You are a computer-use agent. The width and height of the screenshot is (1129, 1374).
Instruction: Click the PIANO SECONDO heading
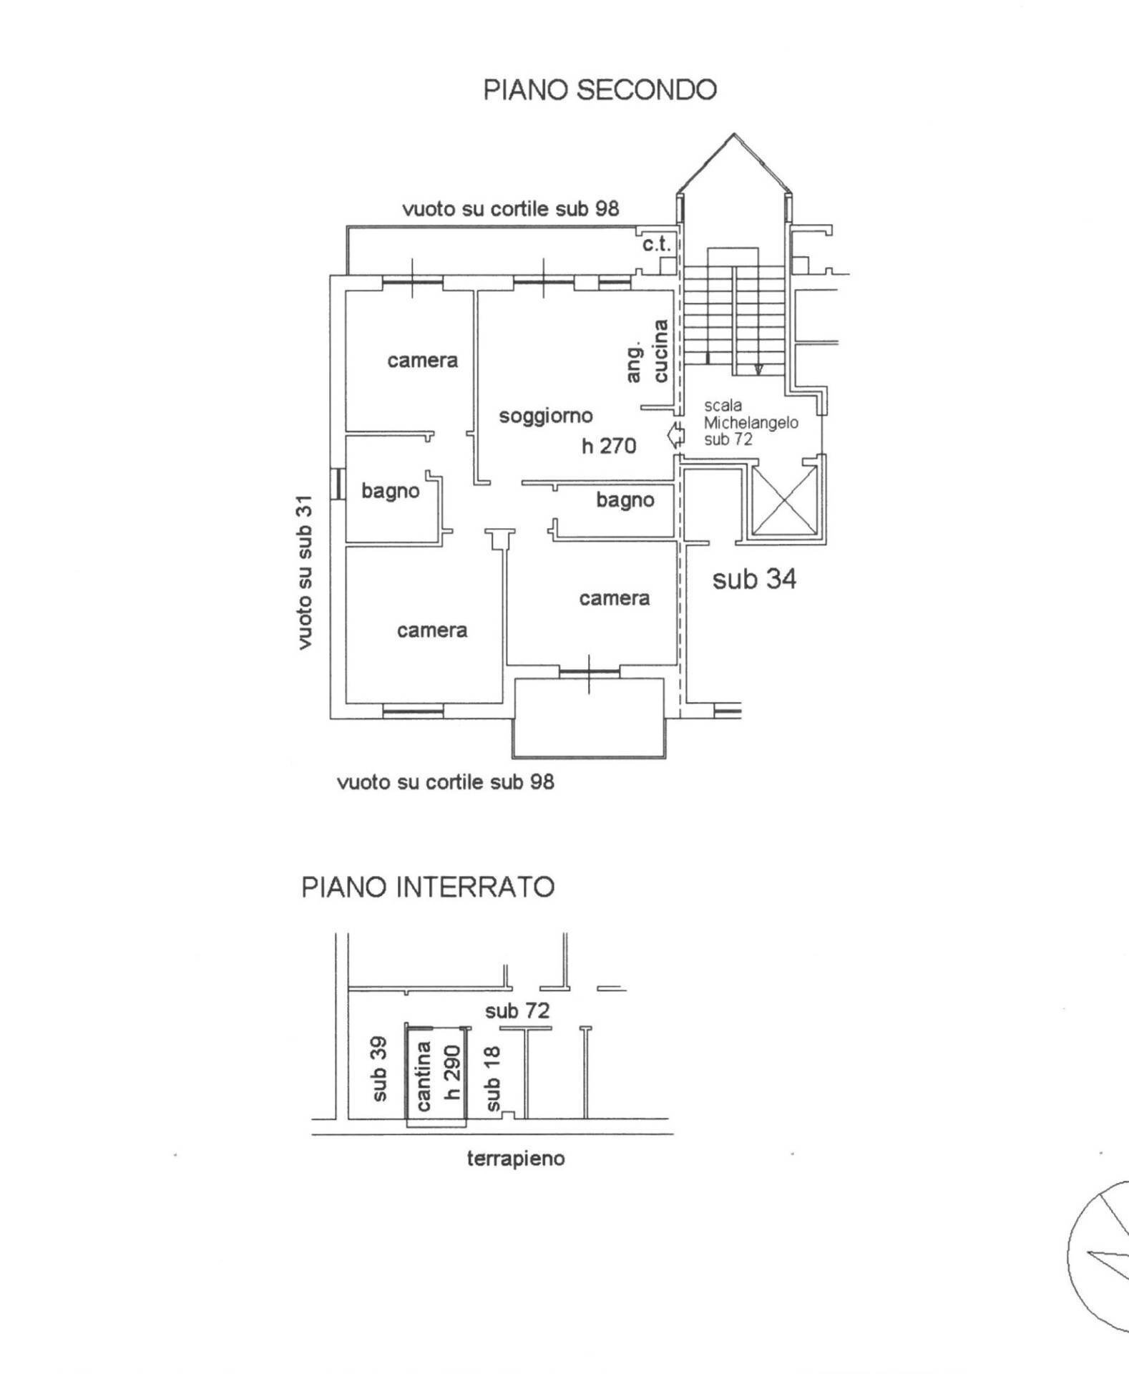pos(600,90)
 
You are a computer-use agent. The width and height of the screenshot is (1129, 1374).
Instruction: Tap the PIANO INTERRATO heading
pos(428,887)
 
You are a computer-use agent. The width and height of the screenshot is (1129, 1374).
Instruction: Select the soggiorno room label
pos(546,415)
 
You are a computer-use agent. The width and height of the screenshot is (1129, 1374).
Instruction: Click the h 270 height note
pos(609,446)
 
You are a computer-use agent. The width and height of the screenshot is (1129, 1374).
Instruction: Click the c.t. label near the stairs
pos(656,244)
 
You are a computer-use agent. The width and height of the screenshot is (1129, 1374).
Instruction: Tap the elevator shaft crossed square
pos(785,500)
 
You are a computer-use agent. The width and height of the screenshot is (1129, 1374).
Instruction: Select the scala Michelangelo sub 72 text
pos(750,422)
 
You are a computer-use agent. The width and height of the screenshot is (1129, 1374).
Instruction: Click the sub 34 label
pos(754,578)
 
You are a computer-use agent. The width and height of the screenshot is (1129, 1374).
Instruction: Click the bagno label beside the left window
pos(390,491)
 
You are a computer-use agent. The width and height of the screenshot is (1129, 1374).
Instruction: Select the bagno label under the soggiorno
pos(625,500)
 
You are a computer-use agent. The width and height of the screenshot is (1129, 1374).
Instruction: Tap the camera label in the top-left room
pos(422,360)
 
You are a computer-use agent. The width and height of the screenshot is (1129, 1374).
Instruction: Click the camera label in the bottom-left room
pos(432,630)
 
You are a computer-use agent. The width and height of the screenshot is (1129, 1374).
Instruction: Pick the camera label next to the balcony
pos(614,598)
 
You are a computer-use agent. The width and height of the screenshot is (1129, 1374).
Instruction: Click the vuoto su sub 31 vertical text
pos(305,572)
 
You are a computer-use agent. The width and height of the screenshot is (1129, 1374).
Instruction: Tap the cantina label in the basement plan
pos(424,1076)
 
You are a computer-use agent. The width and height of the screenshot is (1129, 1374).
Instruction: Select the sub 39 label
pos(379,1069)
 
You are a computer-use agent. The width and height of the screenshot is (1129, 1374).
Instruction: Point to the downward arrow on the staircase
pos(758,369)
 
